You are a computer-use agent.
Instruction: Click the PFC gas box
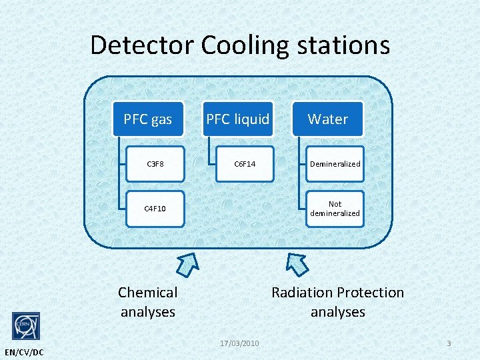(148, 119)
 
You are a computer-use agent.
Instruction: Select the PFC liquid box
(237, 119)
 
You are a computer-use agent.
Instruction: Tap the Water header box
(327, 119)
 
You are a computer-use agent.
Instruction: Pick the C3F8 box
(155, 164)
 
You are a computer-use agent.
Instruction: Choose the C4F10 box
(155, 209)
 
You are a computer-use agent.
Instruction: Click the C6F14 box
(245, 164)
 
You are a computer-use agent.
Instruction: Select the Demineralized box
(335, 164)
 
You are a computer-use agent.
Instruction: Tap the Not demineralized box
(335, 209)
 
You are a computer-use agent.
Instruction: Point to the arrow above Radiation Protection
(297, 264)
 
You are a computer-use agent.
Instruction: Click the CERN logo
(25, 326)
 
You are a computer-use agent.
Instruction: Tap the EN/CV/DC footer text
(24, 351)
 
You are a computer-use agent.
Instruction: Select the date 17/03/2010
(239, 343)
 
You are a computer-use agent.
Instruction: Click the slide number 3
(449, 343)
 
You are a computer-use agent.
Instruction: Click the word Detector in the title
(141, 45)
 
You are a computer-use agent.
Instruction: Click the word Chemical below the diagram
(147, 293)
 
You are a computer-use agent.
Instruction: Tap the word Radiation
(302, 293)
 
